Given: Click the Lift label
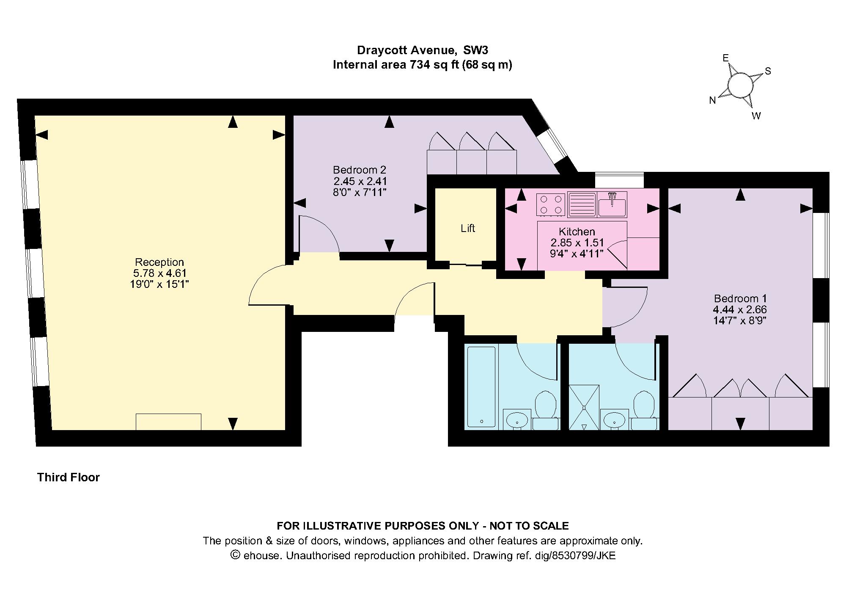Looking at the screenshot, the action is (468, 229).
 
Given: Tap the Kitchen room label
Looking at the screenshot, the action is (577, 232).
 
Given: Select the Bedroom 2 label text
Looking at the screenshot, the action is (360, 170).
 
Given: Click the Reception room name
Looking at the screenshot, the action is (159, 262).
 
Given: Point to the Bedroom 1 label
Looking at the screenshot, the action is (740, 298).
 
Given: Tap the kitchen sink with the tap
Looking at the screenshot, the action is (612, 204).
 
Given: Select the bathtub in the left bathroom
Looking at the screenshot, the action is (481, 386).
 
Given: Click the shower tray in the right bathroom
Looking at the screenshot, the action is (584, 407).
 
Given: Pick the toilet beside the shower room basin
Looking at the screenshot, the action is (644, 411).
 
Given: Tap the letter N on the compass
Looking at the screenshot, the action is (713, 100).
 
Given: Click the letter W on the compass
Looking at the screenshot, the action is (756, 116).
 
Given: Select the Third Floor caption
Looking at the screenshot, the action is (69, 478).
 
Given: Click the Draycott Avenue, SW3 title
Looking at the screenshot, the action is (423, 50).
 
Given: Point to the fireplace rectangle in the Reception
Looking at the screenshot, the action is (168, 422).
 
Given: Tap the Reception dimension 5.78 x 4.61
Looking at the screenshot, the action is (159, 273).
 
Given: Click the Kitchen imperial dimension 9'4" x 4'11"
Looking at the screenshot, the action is (577, 254).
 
